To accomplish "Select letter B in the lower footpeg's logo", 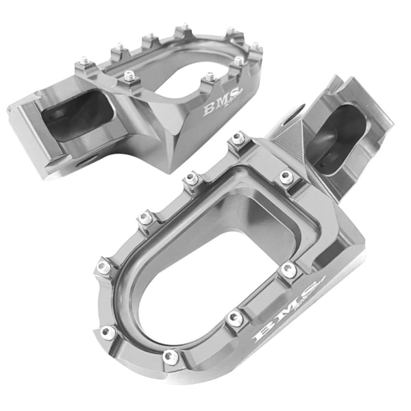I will tap(264, 335).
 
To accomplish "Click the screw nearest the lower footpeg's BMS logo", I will tap(290, 269).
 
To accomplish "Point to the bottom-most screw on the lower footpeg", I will tap(171, 356).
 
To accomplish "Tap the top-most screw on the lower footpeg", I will tap(236, 139).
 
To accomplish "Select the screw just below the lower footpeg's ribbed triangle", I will tap(286, 177).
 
